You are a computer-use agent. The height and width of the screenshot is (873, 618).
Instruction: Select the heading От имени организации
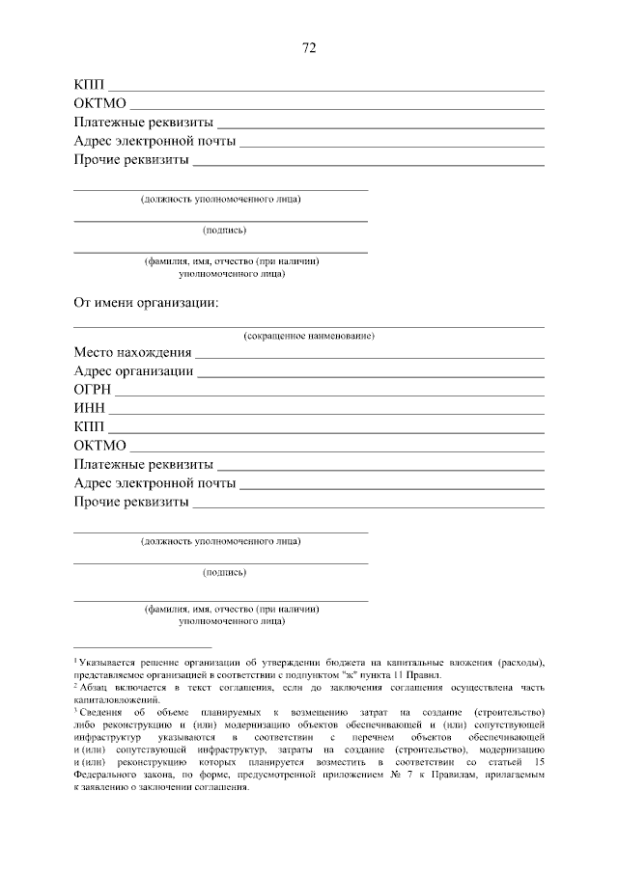point(146,303)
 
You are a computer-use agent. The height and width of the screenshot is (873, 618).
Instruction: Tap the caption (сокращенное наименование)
point(309,336)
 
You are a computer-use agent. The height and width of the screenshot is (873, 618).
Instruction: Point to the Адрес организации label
point(133,371)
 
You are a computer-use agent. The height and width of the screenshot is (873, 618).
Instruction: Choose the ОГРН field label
point(93,390)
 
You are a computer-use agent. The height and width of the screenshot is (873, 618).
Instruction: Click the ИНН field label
point(90,408)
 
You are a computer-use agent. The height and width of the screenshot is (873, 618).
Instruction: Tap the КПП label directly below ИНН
point(89,426)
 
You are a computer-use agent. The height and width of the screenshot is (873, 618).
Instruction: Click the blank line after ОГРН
point(328,395)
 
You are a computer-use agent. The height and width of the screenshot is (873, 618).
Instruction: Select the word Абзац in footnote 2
point(95,688)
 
